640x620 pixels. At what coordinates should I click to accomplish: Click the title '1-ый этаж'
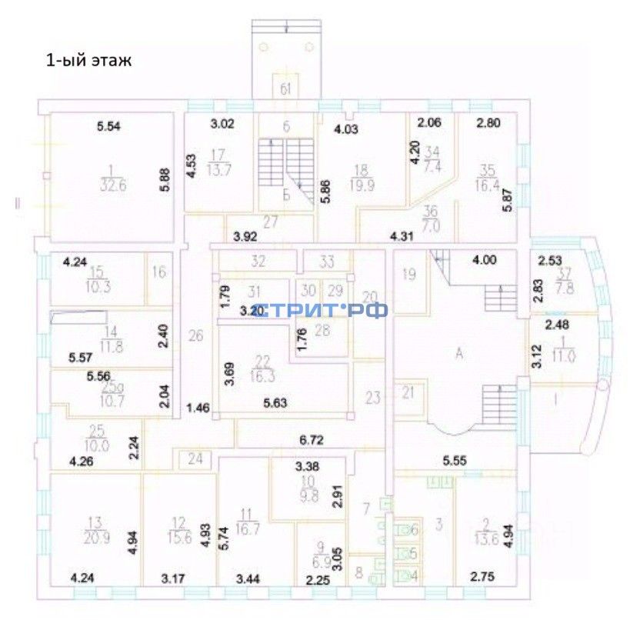(x=88, y=61)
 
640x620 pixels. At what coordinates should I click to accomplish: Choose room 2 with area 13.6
(x=485, y=532)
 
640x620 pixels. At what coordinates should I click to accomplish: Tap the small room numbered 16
(x=159, y=272)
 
